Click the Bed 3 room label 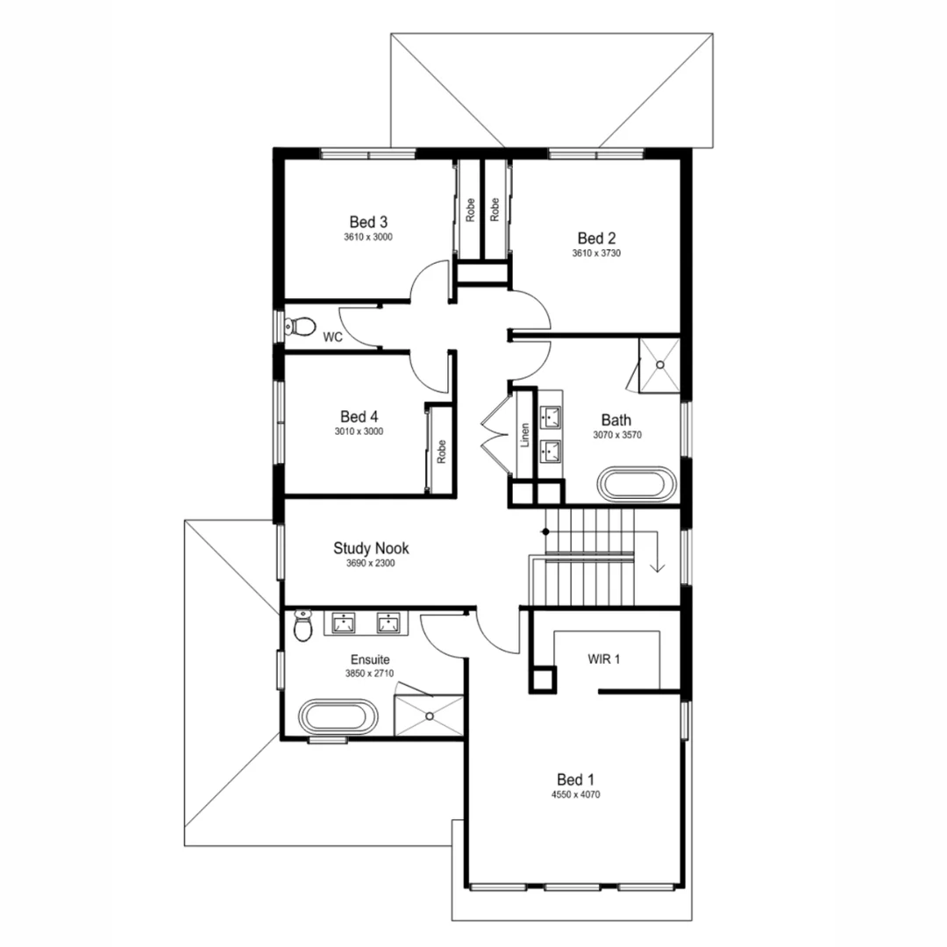[x=367, y=221]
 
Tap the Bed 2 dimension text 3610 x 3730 [x=596, y=253]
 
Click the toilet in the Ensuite [x=303, y=626]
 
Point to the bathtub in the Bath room [x=637, y=485]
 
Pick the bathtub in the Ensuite [x=338, y=716]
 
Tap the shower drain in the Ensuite [x=430, y=716]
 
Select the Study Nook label [x=370, y=548]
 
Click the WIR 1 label [x=603, y=659]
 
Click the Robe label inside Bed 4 [x=441, y=451]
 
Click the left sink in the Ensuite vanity [x=344, y=623]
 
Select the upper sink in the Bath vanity [x=552, y=415]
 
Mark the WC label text [x=332, y=337]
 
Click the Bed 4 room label [x=359, y=417]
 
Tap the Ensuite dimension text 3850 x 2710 [x=370, y=674]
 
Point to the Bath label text [x=616, y=421]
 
